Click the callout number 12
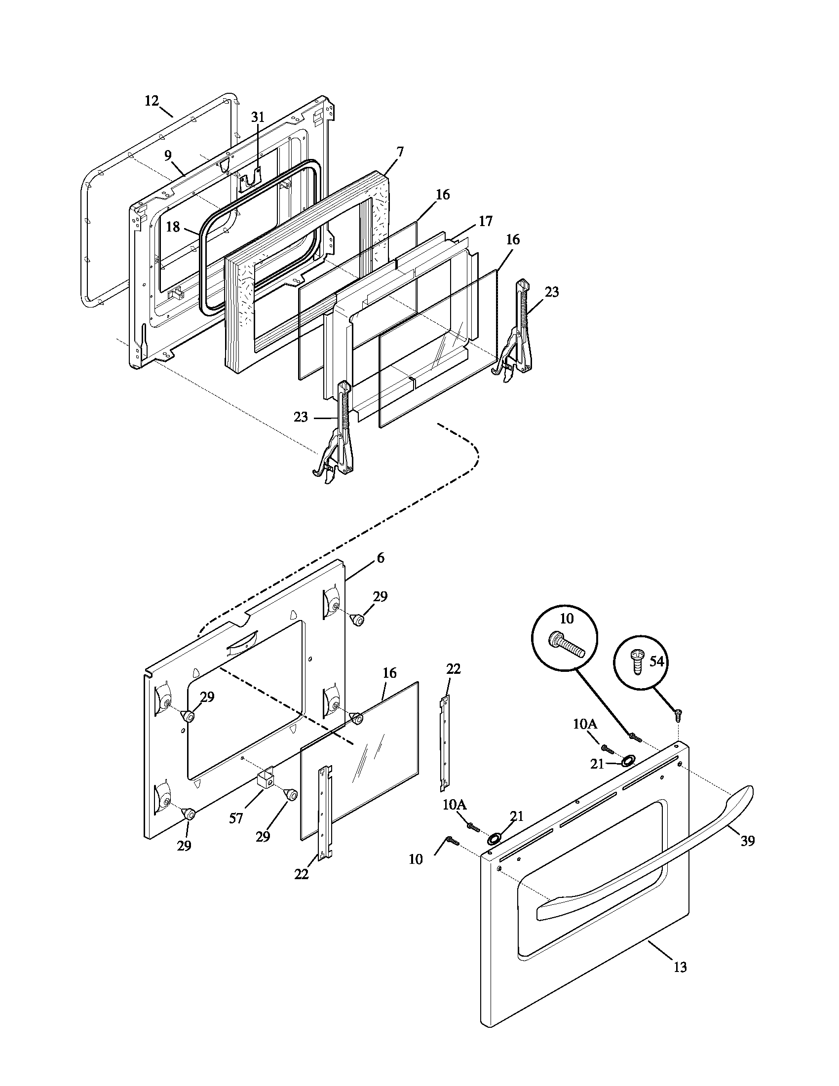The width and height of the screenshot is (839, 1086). point(152,101)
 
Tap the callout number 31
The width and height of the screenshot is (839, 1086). point(258,117)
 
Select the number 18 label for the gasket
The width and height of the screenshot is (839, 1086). point(172,227)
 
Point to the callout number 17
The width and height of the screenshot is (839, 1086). point(485,221)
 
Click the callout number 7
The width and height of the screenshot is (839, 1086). point(400,152)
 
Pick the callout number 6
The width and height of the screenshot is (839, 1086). point(380,558)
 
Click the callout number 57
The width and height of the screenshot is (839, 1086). point(235,818)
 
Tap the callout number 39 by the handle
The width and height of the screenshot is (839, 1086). point(747,841)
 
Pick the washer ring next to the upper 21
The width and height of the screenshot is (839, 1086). point(628,760)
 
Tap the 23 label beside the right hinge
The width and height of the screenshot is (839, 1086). point(552,292)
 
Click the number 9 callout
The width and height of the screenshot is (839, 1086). point(168,155)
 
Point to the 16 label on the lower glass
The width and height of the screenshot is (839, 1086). point(390,673)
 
